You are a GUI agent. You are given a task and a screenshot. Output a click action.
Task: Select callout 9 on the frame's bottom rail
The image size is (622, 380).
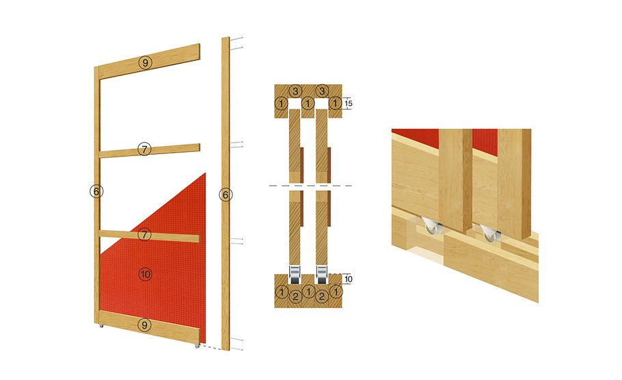click(144, 324)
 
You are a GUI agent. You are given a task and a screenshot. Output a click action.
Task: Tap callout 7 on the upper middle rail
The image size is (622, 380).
click(144, 149)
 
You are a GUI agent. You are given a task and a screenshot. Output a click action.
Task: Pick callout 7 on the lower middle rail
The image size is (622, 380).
click(144, 235)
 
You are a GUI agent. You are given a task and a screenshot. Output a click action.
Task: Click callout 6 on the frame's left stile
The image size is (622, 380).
click(96, 192)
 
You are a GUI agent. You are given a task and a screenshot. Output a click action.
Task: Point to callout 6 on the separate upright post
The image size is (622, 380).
click(225, 195)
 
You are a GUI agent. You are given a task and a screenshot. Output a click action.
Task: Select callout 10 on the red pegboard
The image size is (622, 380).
click(144, 275)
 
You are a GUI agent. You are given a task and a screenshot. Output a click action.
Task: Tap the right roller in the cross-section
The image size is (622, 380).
click(322, 274)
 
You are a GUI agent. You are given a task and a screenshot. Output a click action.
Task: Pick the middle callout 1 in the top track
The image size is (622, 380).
click(309, 103)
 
